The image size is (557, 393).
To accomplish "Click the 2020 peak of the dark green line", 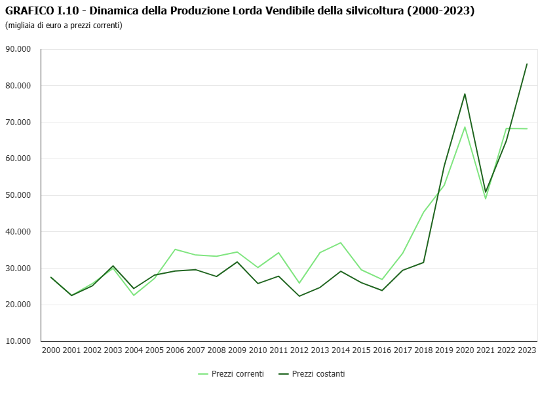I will pyautogui.click(x=465, y=94).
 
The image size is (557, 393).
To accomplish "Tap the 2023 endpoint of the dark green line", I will pyautogui.click(x=527, y=64).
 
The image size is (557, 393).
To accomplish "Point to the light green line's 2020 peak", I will pyautogui.click(x=465, y=127).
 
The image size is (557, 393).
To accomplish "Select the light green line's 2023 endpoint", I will pyautogui.click(x=527, y=128).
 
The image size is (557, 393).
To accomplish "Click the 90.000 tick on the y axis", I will pyautogui.click(x=18, y=49).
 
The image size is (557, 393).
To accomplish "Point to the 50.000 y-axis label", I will pyautogui.click(x=18, y=195).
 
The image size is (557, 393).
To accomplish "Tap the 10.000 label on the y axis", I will pyautogui.click(x=18, y=341).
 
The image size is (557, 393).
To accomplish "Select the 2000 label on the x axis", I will pyautogui.click(x=51, y=350).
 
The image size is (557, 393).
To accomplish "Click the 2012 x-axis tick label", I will pyautogui.click(x=299, y=350).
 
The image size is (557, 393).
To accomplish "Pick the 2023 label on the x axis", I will pyautogui.click(x=527, y=350).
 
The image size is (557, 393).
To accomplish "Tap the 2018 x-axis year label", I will pyautogui.click(x=423, y=350).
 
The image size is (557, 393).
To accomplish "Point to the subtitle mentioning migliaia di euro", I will pyautogui.click(x=64, y=25).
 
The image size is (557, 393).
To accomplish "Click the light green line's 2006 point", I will pyautogui.click(x=175, y=250).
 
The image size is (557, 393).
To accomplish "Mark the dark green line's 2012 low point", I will pyautogui.click(x=299, y=296).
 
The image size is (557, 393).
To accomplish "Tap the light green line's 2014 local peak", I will pyautogui.click(x=341, y=242).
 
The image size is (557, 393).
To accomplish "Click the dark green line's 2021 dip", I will pyautogui.click(x=486, y=192).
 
